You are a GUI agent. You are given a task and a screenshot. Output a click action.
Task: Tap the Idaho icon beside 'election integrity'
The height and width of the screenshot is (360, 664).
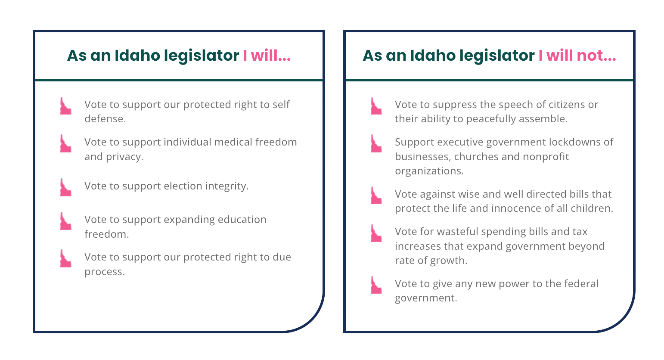65,187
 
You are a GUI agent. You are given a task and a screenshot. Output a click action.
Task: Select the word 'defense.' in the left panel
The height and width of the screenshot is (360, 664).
105,119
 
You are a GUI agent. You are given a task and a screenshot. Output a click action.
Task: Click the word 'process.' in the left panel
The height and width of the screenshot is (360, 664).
104,272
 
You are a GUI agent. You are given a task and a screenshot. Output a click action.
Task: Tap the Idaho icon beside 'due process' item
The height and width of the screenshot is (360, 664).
65,258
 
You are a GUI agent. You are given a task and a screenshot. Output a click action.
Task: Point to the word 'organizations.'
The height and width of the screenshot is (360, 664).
429,171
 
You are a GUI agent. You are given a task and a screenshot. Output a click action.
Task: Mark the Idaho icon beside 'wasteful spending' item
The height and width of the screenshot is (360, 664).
376,233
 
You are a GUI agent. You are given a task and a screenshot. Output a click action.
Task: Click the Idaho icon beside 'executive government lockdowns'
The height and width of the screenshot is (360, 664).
376,143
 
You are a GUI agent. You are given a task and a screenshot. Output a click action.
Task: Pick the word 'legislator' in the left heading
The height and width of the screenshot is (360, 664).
202,56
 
